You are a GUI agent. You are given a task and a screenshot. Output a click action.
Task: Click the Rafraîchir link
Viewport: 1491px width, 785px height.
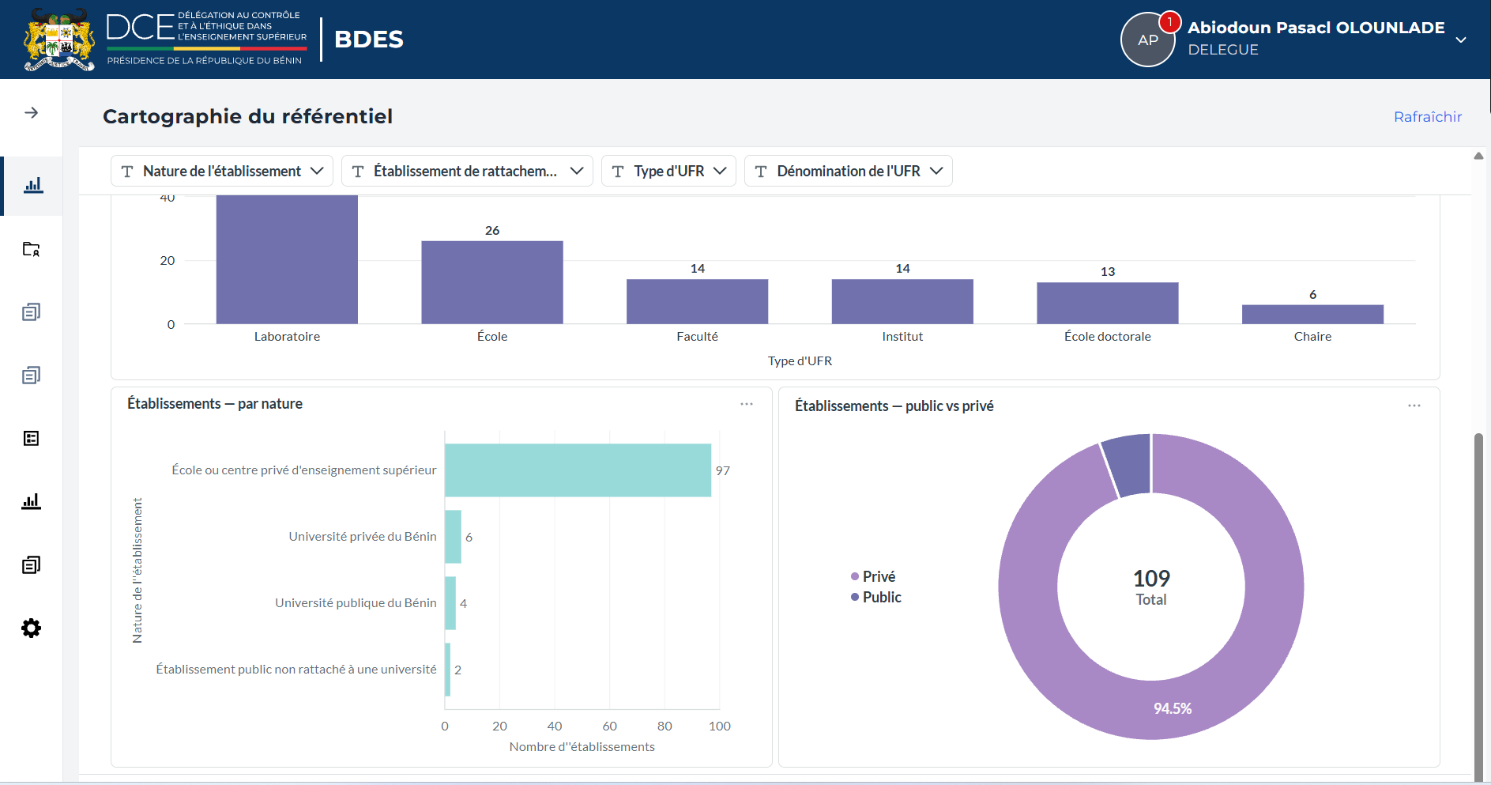coord(1427,117)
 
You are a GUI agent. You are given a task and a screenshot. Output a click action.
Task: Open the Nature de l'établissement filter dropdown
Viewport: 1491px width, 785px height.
coord(222,171)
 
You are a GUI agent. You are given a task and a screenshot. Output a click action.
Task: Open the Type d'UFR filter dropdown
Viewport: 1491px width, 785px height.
coord(668,171)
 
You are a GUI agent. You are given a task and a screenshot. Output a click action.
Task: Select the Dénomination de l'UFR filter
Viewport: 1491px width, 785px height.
coord(848,171)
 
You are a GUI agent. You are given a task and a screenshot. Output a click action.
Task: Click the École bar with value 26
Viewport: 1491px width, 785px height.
coord(492,282)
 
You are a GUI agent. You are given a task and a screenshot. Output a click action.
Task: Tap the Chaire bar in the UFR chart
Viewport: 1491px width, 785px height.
coord(1312,315)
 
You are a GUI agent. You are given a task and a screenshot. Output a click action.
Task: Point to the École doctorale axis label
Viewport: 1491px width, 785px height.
coord(1107,337)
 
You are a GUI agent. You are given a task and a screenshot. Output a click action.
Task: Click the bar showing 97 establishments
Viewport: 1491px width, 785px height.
coord(578,470)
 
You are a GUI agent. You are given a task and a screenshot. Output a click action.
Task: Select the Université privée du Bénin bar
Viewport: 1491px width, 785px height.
coord(453,537)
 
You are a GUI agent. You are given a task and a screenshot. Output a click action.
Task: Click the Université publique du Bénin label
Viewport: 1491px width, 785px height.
coord(356,603)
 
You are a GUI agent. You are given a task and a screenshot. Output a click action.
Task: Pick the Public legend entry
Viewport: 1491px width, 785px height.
coord(876,598)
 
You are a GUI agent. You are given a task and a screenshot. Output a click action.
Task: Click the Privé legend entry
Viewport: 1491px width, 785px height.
coord(873,577)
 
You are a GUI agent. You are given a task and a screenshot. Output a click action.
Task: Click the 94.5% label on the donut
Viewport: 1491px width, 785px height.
coord(1173,709)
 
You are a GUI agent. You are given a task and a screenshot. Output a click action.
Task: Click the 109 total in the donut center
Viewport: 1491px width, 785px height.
coord(1151,579)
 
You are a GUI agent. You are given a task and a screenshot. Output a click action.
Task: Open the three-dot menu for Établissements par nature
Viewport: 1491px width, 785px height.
coord(747,404)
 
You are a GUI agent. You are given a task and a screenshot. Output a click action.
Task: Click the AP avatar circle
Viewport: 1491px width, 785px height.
coord(1148,40)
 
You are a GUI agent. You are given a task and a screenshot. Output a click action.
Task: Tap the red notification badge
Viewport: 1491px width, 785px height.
coord(1169,22)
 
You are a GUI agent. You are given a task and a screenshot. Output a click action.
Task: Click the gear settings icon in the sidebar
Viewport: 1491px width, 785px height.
coord(31,628)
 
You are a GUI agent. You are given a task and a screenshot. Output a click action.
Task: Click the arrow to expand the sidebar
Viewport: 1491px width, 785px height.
coord(31,113)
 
